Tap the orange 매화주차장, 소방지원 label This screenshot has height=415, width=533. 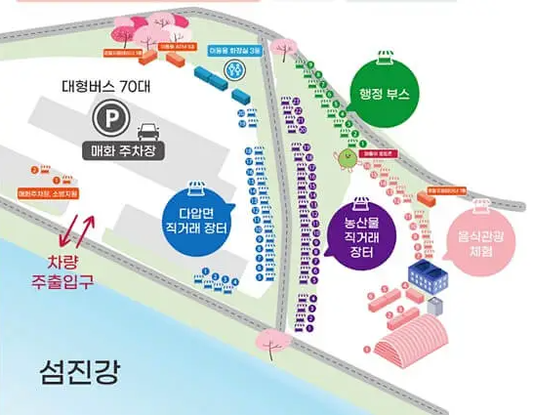coord(50,193)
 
